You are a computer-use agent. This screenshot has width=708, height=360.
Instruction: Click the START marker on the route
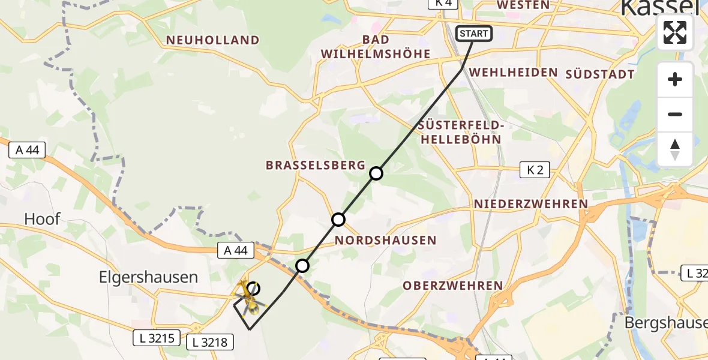pos(474,34)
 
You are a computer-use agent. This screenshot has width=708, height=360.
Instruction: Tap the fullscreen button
pos(675,32)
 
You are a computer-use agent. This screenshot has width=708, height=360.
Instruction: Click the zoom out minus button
pos(675,115)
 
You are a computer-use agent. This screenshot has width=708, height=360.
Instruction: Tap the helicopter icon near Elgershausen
pos(250,297)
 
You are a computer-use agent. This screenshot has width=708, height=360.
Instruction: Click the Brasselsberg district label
pos(316,165)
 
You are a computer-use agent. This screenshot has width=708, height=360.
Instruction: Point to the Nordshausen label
pos(386,241)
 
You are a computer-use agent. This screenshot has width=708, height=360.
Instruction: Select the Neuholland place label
pos(213,40)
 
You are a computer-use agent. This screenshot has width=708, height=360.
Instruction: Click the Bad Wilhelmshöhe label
pos(376,47)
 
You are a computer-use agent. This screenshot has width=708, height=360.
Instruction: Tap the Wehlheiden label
pos(514,72)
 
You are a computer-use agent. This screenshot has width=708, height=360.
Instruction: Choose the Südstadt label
pos(600,74)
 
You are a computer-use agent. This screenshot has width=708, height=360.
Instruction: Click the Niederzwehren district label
pos(531,204)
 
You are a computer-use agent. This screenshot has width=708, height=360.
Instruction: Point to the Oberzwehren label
pos(452,286)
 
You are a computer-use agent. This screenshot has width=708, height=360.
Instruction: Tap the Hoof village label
pos(42,219)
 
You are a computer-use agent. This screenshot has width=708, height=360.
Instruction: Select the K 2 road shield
pos(535,170)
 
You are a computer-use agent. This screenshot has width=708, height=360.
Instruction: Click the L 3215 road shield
pos(154,338)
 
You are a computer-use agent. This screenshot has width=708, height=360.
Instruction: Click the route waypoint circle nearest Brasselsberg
pos(376,173)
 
